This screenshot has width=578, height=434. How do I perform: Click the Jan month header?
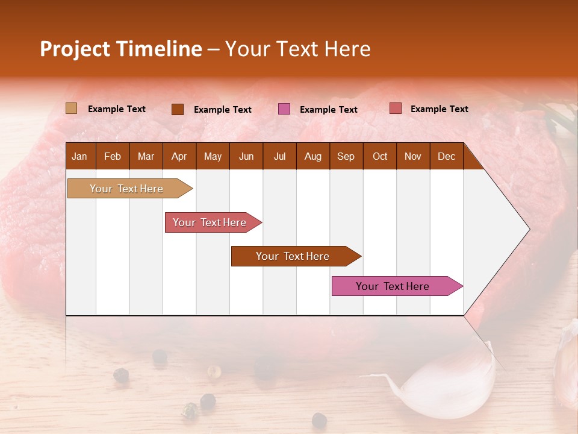(x=79, y=156)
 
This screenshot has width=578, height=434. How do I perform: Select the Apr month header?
(x=179, y=156)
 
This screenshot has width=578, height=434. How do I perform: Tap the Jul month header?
(x=279, y=156)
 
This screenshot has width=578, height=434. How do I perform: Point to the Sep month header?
(x=346, y=156)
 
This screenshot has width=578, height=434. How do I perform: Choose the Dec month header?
(x=446, y=156)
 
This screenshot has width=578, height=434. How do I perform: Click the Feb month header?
(x=113, y=156)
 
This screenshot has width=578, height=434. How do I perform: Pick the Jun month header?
(x=246, y=156)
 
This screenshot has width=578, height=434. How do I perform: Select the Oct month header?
(x=380, y=156)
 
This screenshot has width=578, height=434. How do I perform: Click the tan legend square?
(x=71, y=108)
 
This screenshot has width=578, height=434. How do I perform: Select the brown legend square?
(x=177, y=109)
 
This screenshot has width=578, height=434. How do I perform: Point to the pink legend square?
(x=284, y=109)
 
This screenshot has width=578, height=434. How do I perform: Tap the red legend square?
(x=395, y=108)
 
